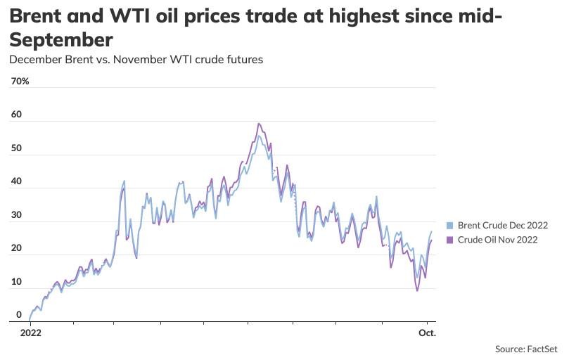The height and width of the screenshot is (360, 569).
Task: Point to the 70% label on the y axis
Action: point(20,82)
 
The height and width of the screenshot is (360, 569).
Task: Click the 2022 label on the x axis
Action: point(32,333)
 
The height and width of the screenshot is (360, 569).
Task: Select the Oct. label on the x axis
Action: point(427,333)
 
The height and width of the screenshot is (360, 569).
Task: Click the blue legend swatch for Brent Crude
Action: point(450,226)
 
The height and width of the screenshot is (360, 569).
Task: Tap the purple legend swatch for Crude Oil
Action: point(450,240)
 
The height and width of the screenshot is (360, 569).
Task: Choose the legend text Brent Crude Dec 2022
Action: point(502,226)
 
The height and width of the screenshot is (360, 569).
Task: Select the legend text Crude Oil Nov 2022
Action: point(497,240)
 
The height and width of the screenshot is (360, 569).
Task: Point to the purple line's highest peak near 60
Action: point(259,124)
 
